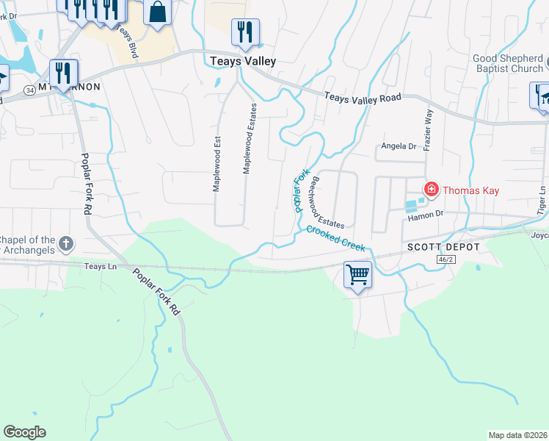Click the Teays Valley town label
tap(243, 62)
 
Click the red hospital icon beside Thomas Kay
tap(430, 190)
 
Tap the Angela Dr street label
tap(399, 147)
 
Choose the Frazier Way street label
tap(429, 130)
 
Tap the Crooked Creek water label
tap(335, 238)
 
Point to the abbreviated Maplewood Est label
tap(217, 162)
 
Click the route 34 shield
tap(29, 90)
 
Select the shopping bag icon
tap(158, 12)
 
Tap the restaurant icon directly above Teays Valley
tap(244, 32)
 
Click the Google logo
tap(24, 431)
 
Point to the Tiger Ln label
tap(542, 199)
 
